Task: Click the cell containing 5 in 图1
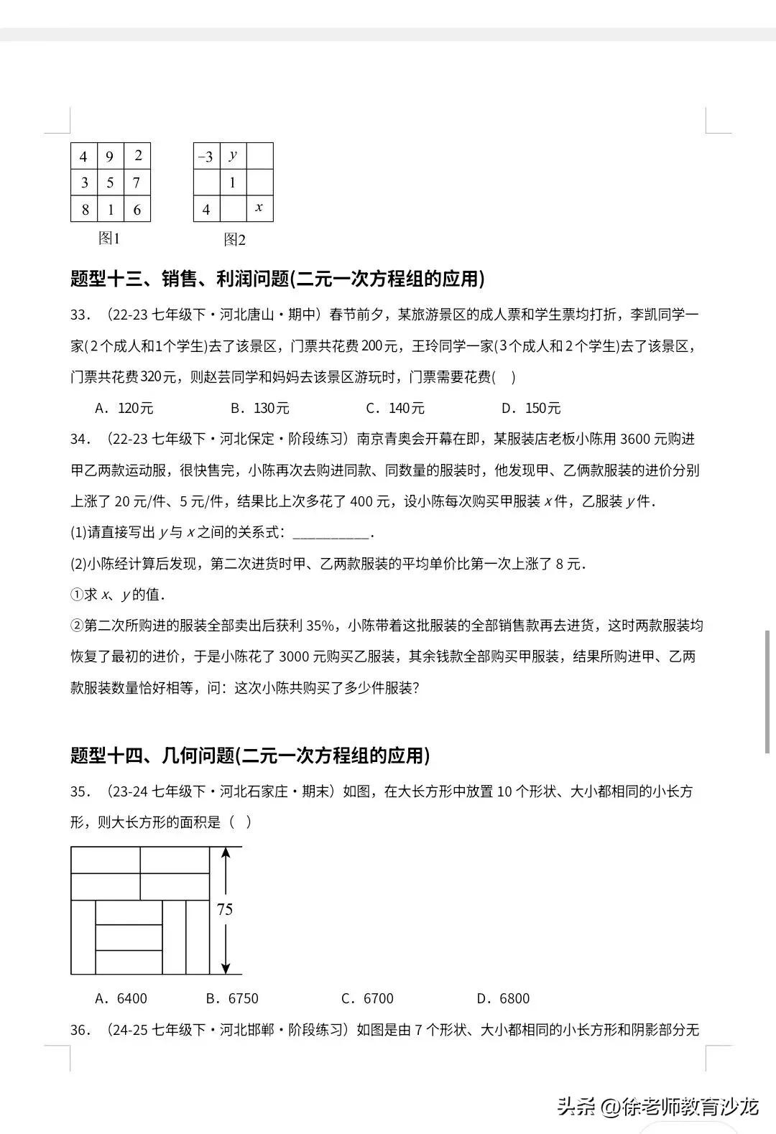pos(110,183)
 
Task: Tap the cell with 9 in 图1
pos(110,157)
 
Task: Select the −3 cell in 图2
pos(206,157)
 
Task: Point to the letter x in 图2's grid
pos(259,208)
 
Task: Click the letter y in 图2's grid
pos(233,155)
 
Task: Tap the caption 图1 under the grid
pos(109,238)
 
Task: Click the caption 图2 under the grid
pos(234,239)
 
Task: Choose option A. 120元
pos(124,408)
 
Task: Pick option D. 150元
pos(531,408)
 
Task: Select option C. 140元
pos(395,408)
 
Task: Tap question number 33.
pos(80,315)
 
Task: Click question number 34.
pos(80,440)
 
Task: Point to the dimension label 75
pos(225,909)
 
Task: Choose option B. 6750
pos(232,998)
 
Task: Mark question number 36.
pos(80,1031)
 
